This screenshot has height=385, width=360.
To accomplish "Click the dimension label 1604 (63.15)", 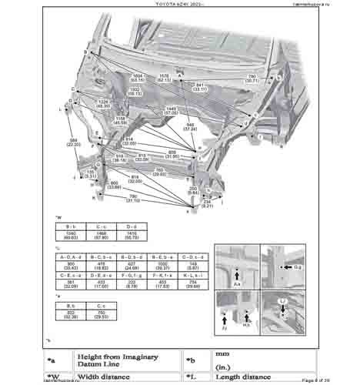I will pos(138,77).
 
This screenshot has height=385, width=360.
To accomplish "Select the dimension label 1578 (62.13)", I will pos(164,77).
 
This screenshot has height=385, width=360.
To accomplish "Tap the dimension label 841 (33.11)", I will pos(201,85).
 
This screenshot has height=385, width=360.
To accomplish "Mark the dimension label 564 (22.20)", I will pos(74,142).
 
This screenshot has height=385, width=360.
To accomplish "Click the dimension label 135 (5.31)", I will pos(91,174).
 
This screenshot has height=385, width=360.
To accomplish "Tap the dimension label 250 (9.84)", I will pos(195,189).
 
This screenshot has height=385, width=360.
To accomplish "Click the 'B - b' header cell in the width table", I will pos(69,227).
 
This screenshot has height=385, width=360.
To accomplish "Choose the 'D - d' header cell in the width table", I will pos(132,227).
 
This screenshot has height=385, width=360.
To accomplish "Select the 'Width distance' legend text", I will pos(112,377).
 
